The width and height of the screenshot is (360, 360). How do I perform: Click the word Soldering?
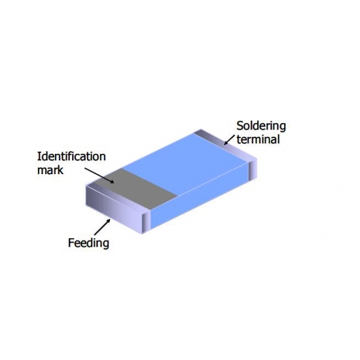(x=261, y=126)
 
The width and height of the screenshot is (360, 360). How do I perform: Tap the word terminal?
(x=258, y=139)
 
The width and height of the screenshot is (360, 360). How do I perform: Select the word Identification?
(x=71, y=156)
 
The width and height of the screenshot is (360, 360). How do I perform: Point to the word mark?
(x=50, y=170)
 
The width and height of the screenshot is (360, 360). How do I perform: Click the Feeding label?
(x=88, y=243)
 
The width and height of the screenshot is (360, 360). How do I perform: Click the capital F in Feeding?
(x=71, y=242)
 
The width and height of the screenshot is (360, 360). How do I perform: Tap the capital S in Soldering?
(x=240, y=126)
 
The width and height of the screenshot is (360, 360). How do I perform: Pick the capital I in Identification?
(x=39, y=156)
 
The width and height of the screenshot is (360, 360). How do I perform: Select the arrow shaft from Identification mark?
(x=98, y=175)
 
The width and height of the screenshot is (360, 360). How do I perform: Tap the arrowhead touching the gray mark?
(x=111, y=181)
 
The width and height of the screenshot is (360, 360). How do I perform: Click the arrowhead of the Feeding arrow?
(x=108, y=221)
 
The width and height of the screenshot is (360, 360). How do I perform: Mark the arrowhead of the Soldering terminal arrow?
(x=226, y=142)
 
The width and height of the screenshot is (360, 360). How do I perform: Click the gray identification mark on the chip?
(x=136, y=189)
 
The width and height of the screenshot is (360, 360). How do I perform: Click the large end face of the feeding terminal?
(x=114, y=209)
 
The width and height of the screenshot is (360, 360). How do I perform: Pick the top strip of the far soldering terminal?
(x=225, y=146)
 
